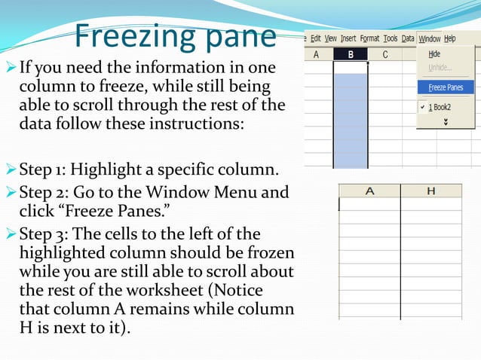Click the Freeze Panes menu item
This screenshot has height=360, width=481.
point(446,87)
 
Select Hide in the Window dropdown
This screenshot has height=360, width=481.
point(434,54)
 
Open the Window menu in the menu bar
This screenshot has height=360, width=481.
point(430,38)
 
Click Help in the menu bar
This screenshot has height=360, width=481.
point(450,38)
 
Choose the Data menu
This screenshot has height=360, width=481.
point(408,38)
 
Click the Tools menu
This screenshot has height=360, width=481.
point(390,38)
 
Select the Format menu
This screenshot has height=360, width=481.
point(369,38)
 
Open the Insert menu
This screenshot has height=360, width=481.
point(348,38)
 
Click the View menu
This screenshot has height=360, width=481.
point(330,38)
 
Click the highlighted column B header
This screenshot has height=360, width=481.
point(351,54)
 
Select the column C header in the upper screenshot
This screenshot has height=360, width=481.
point(384,54)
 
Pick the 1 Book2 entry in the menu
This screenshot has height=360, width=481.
point(444,108)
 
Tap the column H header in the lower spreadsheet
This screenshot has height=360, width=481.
point(430,191)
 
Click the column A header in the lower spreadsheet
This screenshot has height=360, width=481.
point(369,191)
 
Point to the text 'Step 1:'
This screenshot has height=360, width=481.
point(44,168)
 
